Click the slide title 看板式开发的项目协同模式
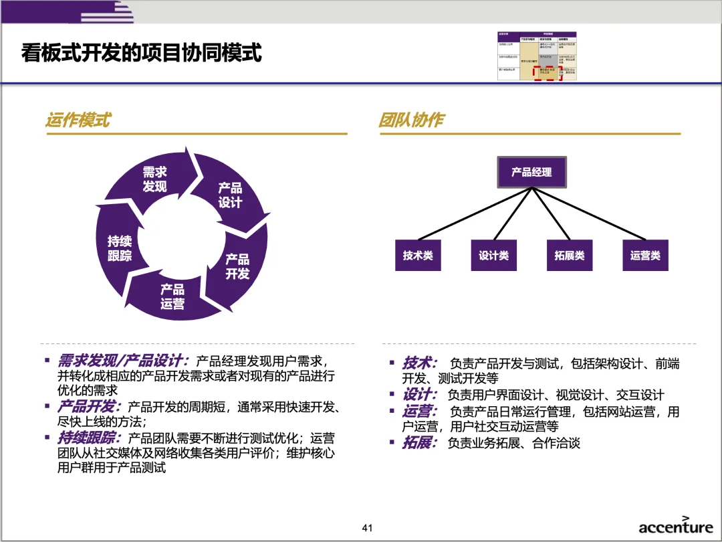coord(141,52)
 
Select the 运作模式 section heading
coord(78,120)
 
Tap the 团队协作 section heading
coord(411,120)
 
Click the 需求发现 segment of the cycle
coord(154,179)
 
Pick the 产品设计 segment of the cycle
coord(230,195)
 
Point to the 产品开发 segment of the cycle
coord(237,266)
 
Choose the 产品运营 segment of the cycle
coord(172,296)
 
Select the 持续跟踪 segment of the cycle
coord(120,248)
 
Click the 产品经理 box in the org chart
coord(531,172)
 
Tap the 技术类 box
coord(418,255)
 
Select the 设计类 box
coord(493,255)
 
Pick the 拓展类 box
coord(570,255)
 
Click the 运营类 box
coord(645,255)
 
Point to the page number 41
coord(366,528)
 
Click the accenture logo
coord(675,526)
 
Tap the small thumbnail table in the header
coord(537,56)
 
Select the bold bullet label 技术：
coord(420,363)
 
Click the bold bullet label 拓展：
coord(420,442)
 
